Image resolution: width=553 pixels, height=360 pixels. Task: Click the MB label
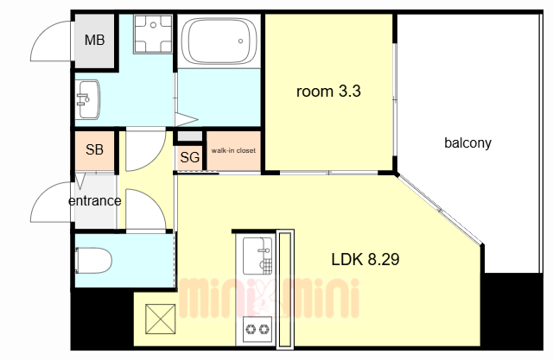coord(94,41)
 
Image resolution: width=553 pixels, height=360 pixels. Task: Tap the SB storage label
coord(94,149)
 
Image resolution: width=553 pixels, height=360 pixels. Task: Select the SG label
coord(190,157)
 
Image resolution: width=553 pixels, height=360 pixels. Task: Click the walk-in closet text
coord(233,150)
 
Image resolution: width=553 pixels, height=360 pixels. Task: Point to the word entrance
coord(94,201)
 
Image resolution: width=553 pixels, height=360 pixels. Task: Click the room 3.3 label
coord(328,92)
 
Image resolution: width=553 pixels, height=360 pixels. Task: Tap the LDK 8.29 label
coord(365,260)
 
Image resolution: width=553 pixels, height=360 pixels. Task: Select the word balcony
coord(467,143)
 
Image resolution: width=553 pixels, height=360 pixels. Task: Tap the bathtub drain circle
coord(240,41)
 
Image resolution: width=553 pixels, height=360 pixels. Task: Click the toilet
coord(93,261)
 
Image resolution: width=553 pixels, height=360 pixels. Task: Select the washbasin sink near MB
coord(87,99)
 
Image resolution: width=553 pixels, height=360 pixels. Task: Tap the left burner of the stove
coord(251,330)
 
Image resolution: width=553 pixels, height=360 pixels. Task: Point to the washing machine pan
coord(153,34)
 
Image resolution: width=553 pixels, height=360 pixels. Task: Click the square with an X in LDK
coord(161,319)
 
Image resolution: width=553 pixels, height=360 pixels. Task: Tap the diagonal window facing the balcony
coord(440,210)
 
